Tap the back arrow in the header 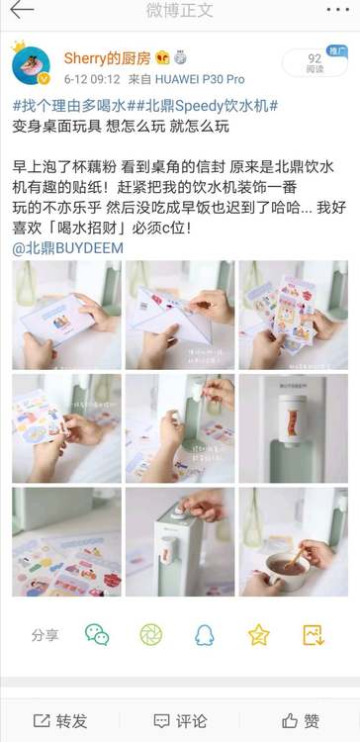22,10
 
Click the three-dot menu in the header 338,10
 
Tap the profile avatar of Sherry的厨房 31,65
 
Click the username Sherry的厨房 107,58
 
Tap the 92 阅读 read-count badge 315,62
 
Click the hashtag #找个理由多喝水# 68,106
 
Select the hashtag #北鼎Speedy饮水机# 202,106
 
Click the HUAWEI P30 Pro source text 200,79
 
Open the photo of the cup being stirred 294,542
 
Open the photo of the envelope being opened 180,316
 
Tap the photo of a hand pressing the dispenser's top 180,542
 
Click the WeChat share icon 97,634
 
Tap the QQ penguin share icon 205,635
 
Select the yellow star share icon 259,635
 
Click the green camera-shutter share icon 151,634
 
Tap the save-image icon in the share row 314,635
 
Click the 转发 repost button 60,721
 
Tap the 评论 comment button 180,721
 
